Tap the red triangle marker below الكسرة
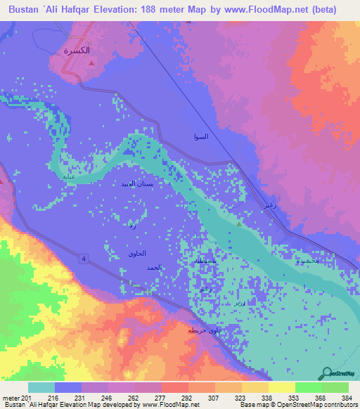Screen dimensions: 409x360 coord(91,63)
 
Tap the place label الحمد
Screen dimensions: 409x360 coord(154,268)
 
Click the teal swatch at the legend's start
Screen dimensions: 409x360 coord(41,387)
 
